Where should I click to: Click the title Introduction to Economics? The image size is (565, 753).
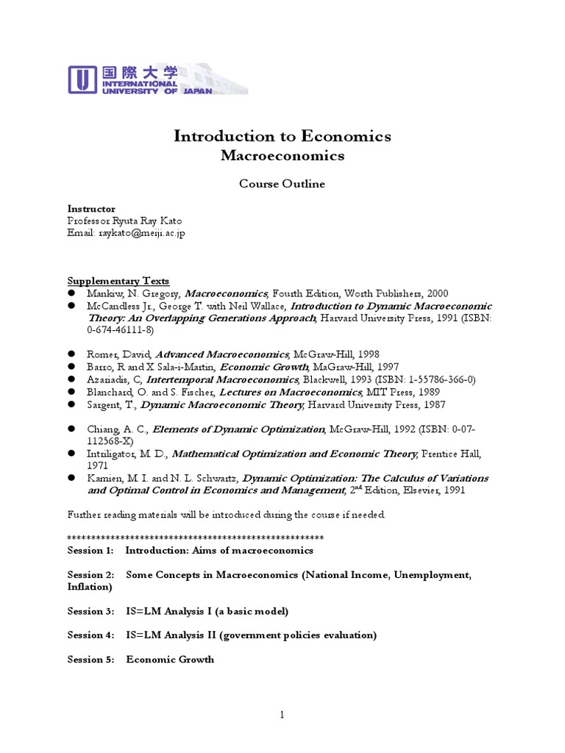[282, 136]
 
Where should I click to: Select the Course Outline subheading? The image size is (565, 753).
[282, 184]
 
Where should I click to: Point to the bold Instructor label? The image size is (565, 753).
[91, 209]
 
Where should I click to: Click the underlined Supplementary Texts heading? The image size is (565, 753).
[118, 281]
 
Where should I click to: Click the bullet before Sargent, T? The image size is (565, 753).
[72, 404]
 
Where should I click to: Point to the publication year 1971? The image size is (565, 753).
[98, 465]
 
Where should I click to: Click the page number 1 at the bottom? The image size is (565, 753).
[282, 715]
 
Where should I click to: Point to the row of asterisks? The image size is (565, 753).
[195, 537]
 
